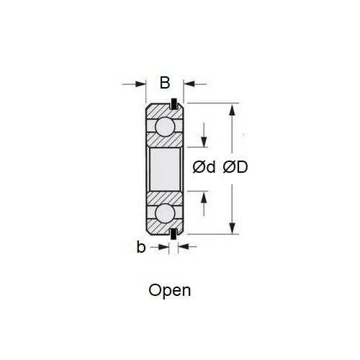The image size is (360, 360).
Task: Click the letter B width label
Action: pyautogui.click(x=165, y=83)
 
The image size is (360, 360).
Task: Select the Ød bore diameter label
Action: pyautogui.click(x=204, y=168)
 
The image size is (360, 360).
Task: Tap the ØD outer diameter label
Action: pyautogui.click(x=235, y=168)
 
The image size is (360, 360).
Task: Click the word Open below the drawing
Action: pyautogui.click(x=169, y=290)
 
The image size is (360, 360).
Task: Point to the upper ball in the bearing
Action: pyautogui.click(x=165, y=129)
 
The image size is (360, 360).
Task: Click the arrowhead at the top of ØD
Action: pyautogui.click(x=232, y=110)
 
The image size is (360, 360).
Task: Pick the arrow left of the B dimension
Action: pyautogui.click(x=140, y=84)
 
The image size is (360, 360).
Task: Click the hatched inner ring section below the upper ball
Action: pyautogui.click(x=165, y=144)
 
